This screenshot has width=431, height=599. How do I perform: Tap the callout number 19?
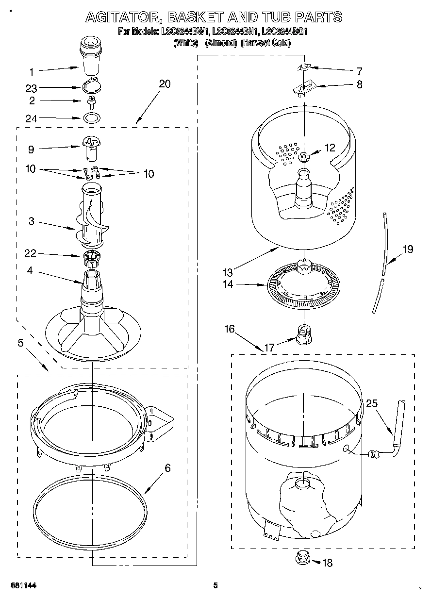408,249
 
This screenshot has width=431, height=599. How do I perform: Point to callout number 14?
228,285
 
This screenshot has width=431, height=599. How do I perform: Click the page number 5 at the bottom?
215,585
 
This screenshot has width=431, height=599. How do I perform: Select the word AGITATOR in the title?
124,17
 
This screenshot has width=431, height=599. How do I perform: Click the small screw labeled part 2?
90,101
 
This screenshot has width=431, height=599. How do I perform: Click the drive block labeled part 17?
303,334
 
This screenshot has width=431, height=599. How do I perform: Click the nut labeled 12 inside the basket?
304,156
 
